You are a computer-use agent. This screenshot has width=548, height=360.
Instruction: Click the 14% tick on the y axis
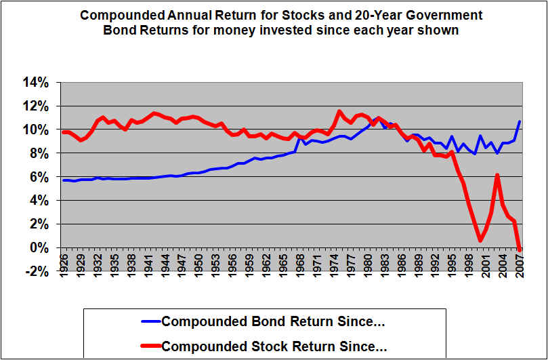(x=38, y=83)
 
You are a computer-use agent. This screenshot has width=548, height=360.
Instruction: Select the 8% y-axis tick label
(x=41, y=154)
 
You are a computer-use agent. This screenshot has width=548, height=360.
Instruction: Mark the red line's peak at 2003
(x=497, y=175)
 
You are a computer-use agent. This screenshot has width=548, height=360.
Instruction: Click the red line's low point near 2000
(x=480, y=240)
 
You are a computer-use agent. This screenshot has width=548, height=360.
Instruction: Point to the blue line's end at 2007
(x=520, y=121)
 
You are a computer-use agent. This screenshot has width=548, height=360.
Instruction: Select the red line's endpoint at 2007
(x=520, y=249)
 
